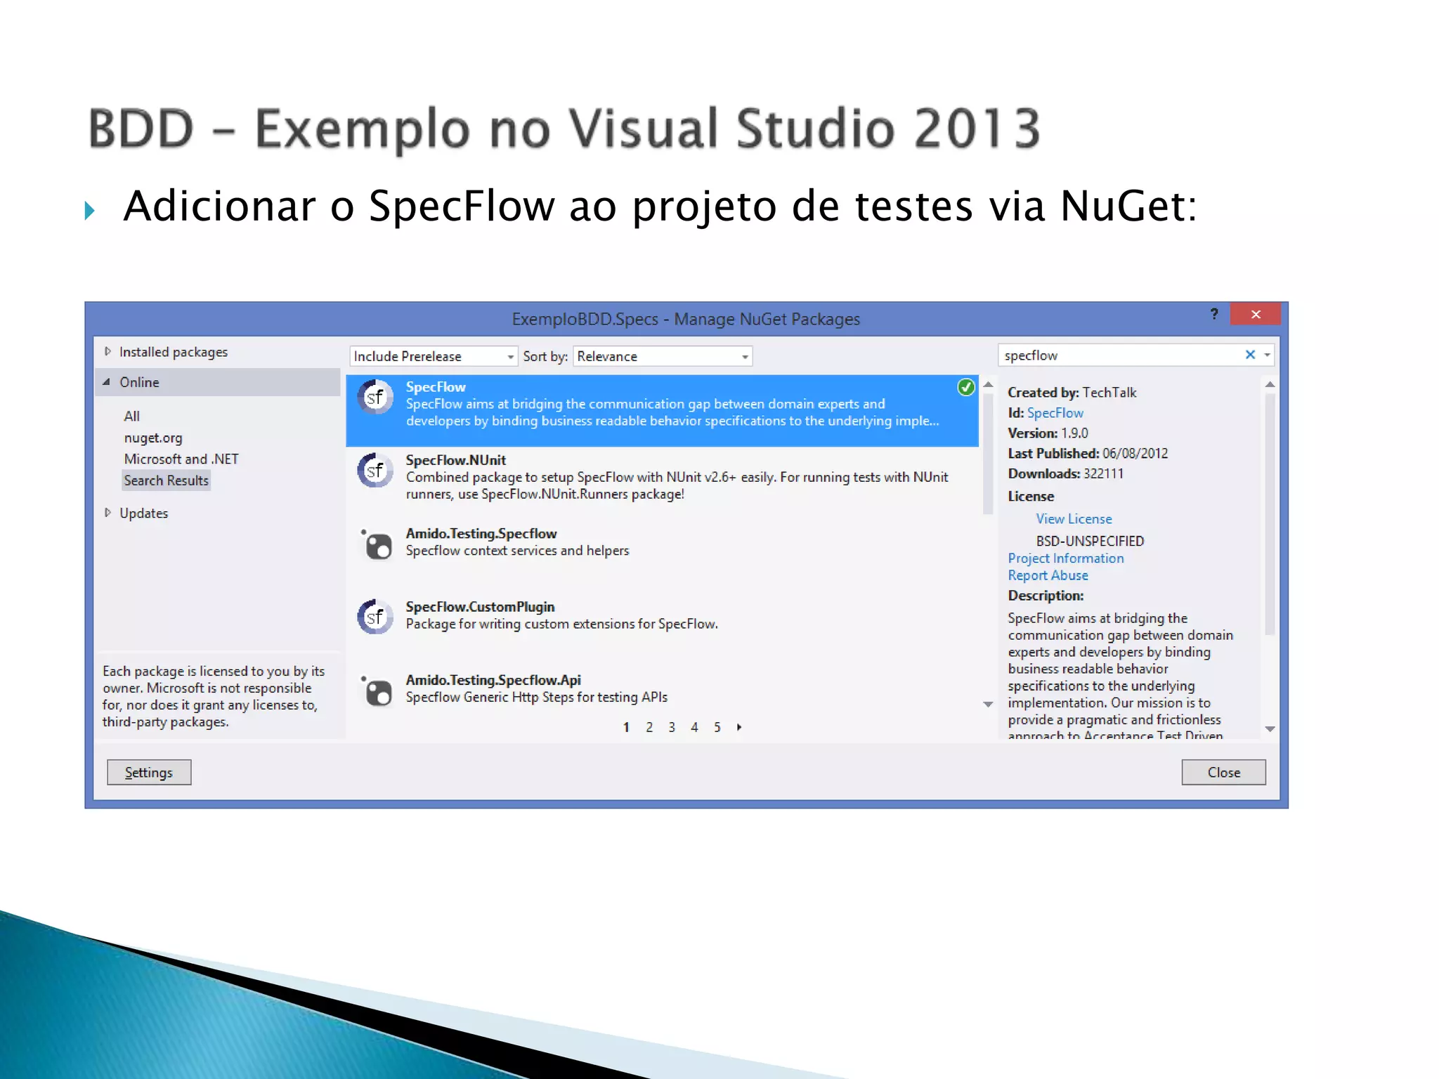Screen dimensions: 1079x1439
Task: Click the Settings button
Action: tap(148, 772)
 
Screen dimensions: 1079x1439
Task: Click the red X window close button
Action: tap(1256, 314)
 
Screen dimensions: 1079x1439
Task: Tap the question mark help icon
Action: tap(1214, 314)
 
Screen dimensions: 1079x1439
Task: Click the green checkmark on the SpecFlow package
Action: tap(966, 387)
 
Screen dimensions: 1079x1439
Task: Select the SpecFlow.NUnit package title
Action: tap(455, 460)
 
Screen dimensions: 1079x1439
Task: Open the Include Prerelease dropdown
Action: tap(510, 357)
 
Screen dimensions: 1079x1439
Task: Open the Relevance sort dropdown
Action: tap(744, 357)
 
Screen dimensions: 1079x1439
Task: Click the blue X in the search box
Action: tap(1250, 355)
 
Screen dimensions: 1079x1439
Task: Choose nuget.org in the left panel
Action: tap(153, 438)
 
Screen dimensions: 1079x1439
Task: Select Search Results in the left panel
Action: tap(167, 480)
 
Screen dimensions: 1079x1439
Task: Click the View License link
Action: tap(1074, 519)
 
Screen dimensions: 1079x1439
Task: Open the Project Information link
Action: tap(1065, 558)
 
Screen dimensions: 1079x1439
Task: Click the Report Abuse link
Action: tap(1048, 575)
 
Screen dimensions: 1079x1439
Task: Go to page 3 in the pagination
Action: tap(672, 727)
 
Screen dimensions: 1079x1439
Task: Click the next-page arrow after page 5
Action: tap(739, 727)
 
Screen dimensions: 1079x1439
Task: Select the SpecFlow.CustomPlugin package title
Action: tap(480, 607)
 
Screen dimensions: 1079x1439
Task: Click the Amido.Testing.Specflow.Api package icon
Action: tap(377, 691)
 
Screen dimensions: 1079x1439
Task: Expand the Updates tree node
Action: tap(108, 513)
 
